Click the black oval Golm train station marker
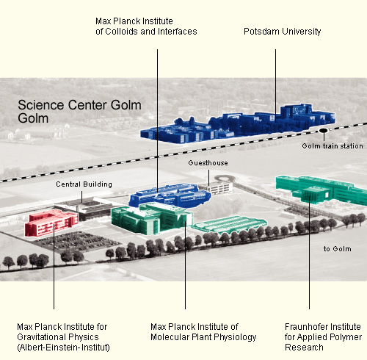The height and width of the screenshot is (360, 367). point(324,131)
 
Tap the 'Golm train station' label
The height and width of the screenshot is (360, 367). point(333,146)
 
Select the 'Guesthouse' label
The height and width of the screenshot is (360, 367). point(208,163)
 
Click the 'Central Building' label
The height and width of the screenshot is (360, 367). point(84,184)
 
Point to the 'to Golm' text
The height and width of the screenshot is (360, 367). point(338,249)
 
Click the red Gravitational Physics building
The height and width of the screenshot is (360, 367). point(51,223)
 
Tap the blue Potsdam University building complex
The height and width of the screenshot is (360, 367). point(237,123)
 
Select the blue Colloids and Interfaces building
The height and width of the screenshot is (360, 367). point(170,195)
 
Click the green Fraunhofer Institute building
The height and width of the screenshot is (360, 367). point(321,190)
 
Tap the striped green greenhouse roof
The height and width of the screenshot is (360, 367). point(229,224)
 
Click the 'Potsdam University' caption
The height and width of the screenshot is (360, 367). point(283,32)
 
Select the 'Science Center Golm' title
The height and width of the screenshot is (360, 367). point(79,105)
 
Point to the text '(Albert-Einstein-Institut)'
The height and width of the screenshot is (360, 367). point(63,348)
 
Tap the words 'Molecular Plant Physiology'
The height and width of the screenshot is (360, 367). point(203,337)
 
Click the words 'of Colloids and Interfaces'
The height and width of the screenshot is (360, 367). point(146,32)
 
